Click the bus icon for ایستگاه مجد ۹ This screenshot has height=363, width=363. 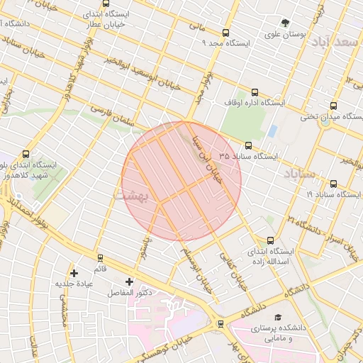click(x=226, y=33)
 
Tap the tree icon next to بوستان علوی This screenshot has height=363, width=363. click(x=286, y=23)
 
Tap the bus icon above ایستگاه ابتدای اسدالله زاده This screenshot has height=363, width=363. click(x=269, y=240)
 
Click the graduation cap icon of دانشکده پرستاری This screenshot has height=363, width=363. click(x=278, y=316)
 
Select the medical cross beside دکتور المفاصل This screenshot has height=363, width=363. click(x=129, y=281)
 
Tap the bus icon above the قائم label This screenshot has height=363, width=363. click(x=100, y=258)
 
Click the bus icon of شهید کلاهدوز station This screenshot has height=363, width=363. click(x=26, y=154)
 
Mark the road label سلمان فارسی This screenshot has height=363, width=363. click(x=118, y=115)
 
